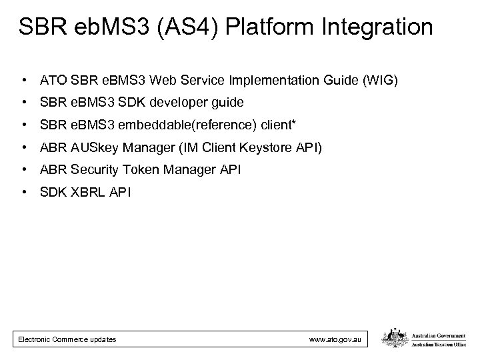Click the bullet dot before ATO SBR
point(24,81)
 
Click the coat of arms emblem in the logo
point(392,339)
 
